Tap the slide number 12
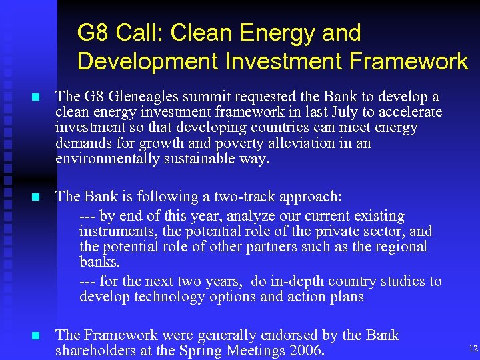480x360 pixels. pyautogui.click(x=473, y=348)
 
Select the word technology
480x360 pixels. pyautogui.click(x=167, y=297)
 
